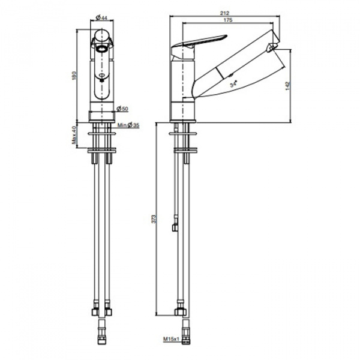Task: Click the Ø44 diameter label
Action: pos(101,17)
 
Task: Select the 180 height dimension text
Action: pos(74,76)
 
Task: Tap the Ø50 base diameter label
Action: pos(122,109)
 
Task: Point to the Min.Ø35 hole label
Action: pos(128,125)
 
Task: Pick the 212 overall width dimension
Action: pos(224,13)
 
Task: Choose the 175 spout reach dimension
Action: pos(228,20)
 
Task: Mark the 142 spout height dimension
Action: pos(288,86)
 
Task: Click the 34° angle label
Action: pos(233,84)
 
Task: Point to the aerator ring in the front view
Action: pos(102,49)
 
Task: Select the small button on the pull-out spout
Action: pos(231,74)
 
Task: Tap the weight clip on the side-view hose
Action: pos(175,223)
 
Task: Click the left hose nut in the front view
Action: pos(95,311)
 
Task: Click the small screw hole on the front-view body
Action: pos(101,76)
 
